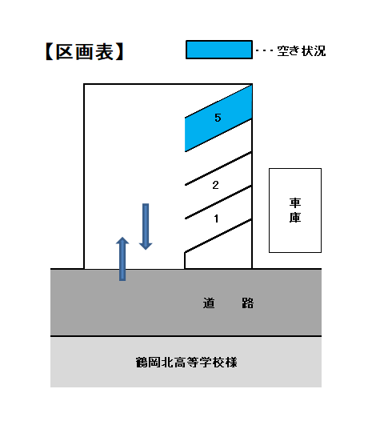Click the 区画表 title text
coord(84,52)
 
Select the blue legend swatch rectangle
coord(219,50)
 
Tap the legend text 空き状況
coord(301,50)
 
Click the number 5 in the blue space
coord(218,118)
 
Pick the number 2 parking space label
coord(215,185)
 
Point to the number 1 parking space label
coord(216,219)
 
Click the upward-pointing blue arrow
coord(122,259)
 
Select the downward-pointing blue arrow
coord(146,227)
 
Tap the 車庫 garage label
coord(295,210)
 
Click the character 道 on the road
coord(209,303)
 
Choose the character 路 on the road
coord(247,303)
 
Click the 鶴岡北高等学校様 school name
coord(186,363)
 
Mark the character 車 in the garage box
coord(295,203)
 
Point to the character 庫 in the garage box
coord(295,218)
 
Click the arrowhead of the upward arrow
coord(122,241)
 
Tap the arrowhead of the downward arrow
coord(146,247)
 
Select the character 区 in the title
coord(64,52)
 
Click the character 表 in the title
coord(105,52)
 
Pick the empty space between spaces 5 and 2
coord(218,152)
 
